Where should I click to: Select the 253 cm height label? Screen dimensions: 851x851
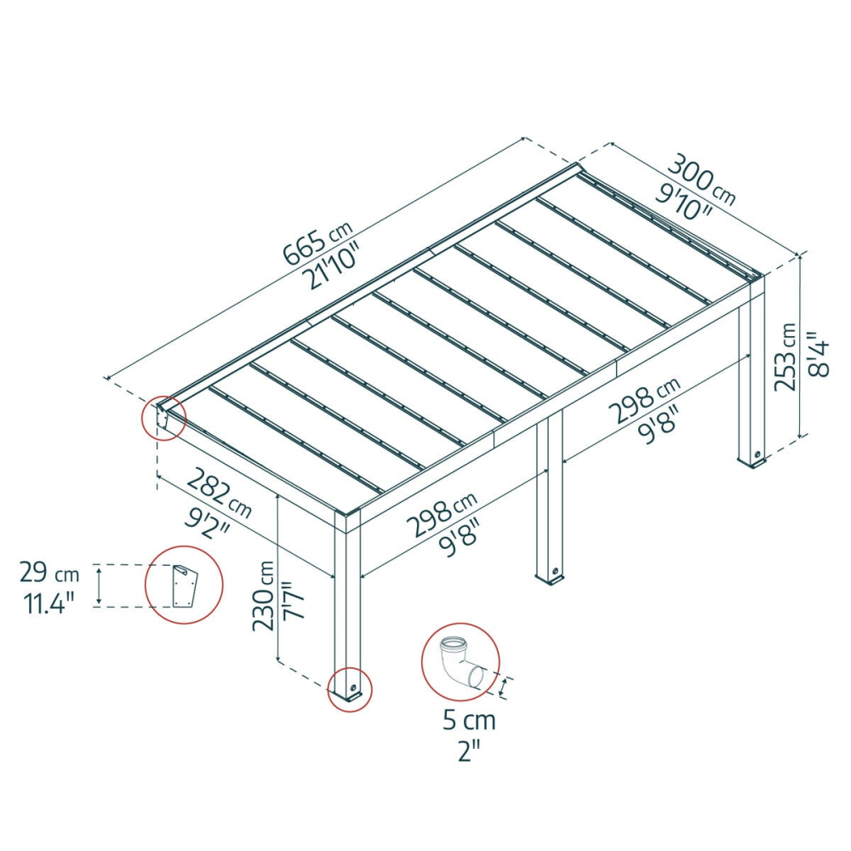click(x=785, y=357)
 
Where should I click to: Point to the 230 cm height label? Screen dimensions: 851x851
click(x=265, y=596)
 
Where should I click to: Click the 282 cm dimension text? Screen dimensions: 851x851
click(x=219, y=493)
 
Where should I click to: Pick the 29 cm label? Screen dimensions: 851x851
click(x=49, y=573)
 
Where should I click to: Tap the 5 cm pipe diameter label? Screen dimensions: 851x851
click(x=469, y=721)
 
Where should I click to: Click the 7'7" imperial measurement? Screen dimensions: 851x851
click(x=294, y=600)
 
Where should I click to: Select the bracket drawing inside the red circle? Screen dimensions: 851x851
click(x=184, y=586)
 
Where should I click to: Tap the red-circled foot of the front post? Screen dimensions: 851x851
click(x=350, y=690)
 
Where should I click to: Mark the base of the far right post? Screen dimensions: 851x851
click(x=753, y=460)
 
